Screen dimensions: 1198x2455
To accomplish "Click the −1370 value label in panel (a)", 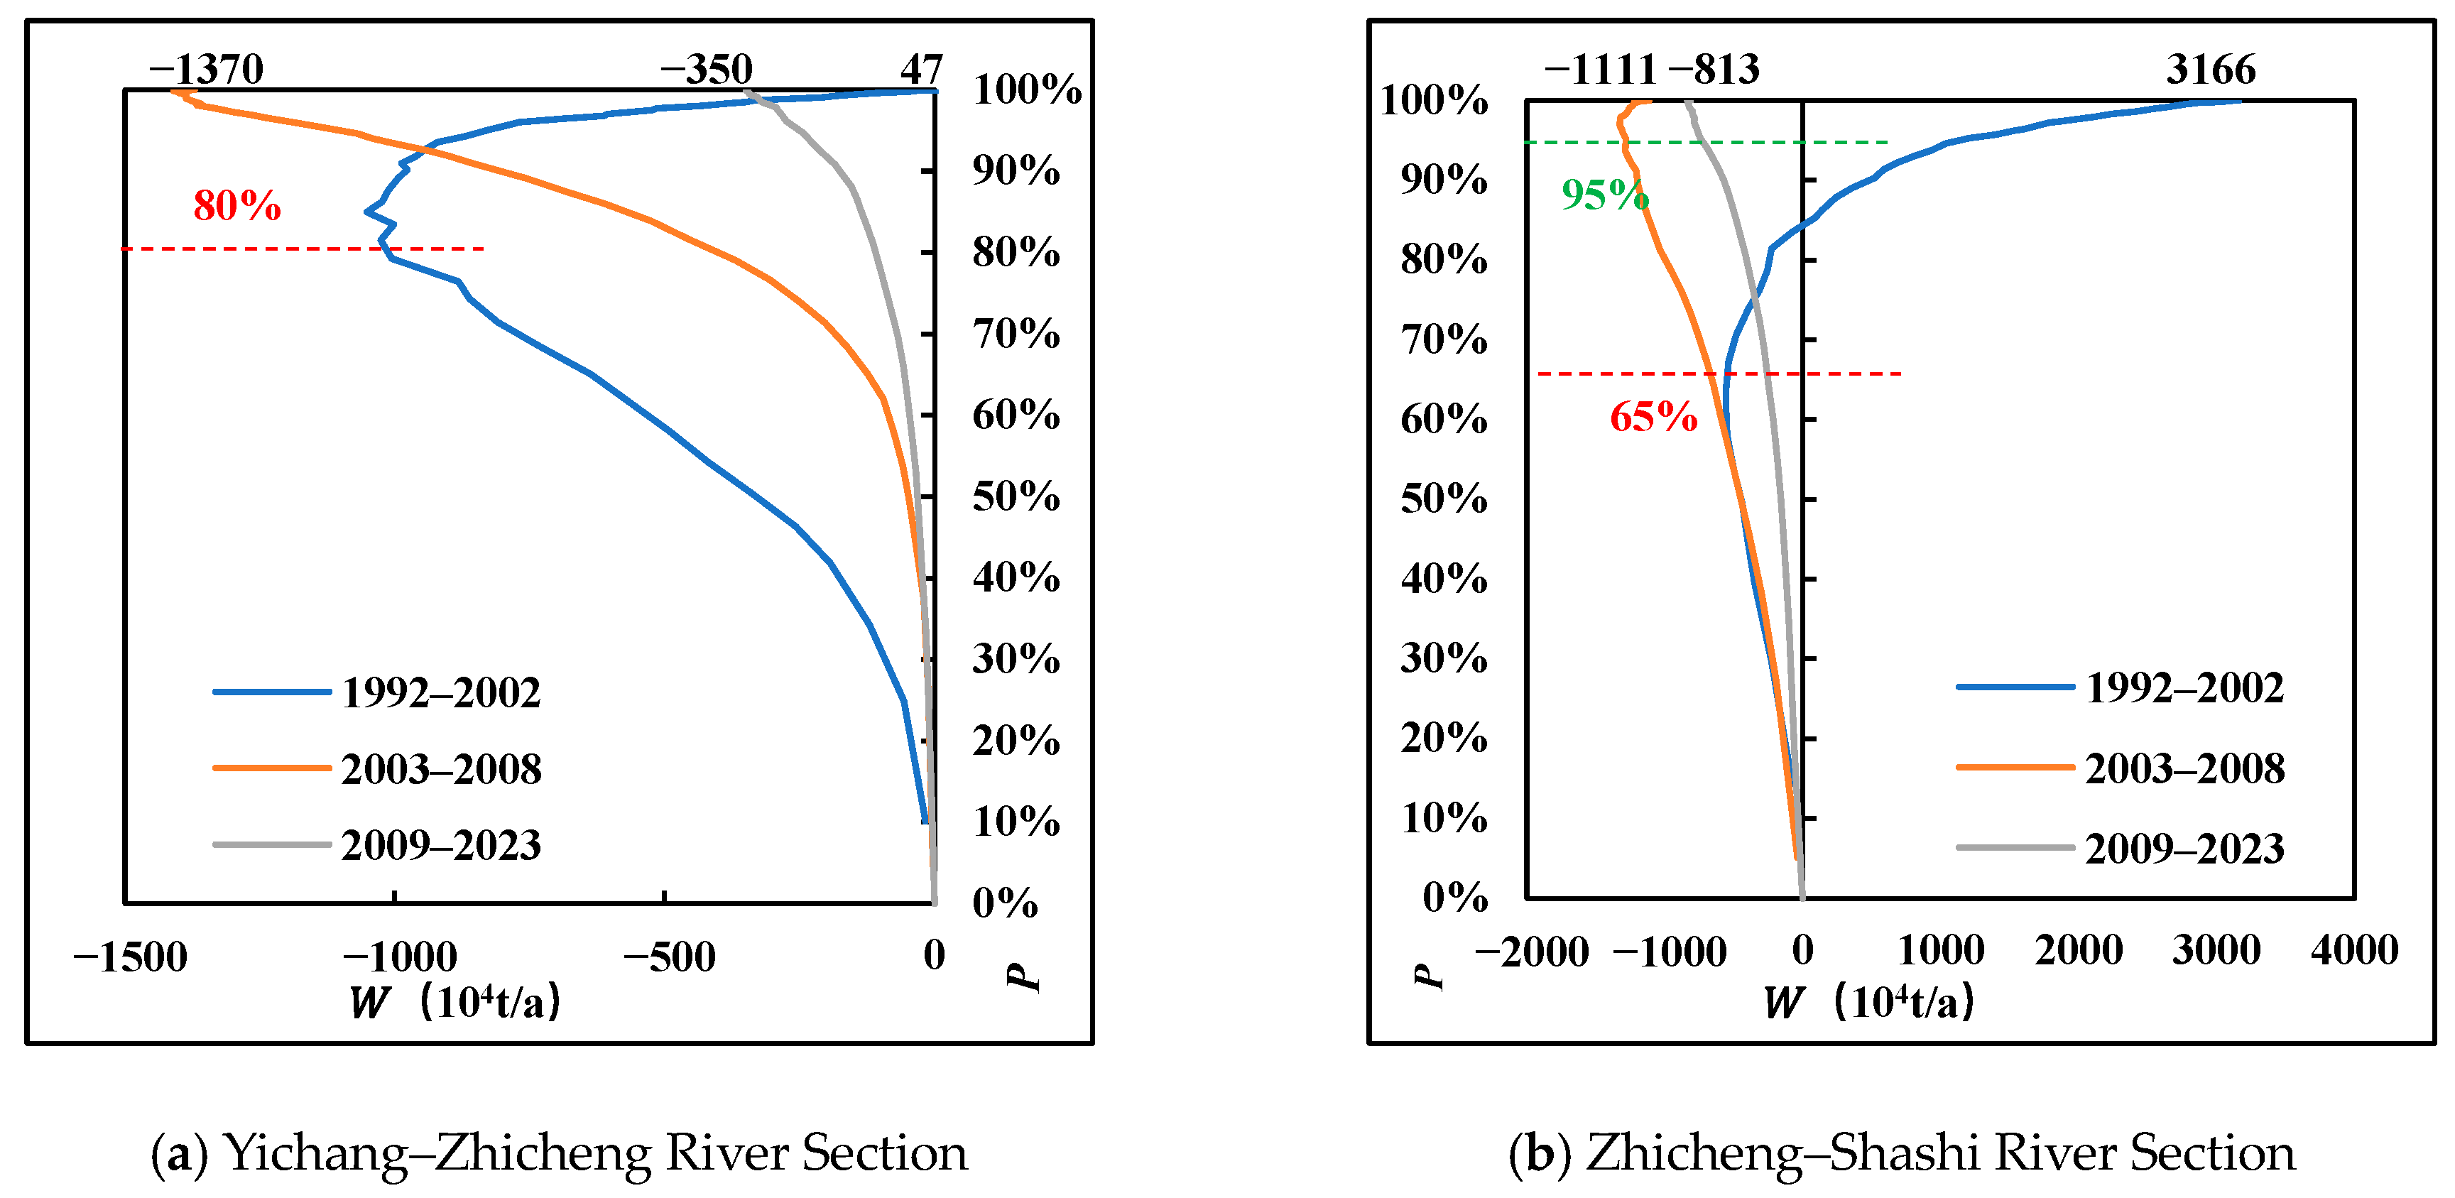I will (206, 69).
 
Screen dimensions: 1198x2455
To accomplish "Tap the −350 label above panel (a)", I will (706, 69).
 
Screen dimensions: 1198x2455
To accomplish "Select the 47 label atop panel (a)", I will (920, 69).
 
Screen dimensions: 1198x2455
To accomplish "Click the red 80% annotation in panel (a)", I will (236, 205).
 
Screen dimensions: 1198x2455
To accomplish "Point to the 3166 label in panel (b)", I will (2210, 69).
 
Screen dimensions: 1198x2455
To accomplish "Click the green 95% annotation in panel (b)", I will (1605, 195).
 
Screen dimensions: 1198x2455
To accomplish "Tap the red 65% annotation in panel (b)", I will (1653, 416).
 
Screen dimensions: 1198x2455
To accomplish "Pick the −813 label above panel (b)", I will (1714, 69).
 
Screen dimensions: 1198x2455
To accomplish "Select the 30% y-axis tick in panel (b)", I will (1443, 658).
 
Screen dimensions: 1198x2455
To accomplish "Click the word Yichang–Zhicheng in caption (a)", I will (438, 1153).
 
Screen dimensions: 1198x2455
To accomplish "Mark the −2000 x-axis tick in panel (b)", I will (1532, 951).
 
